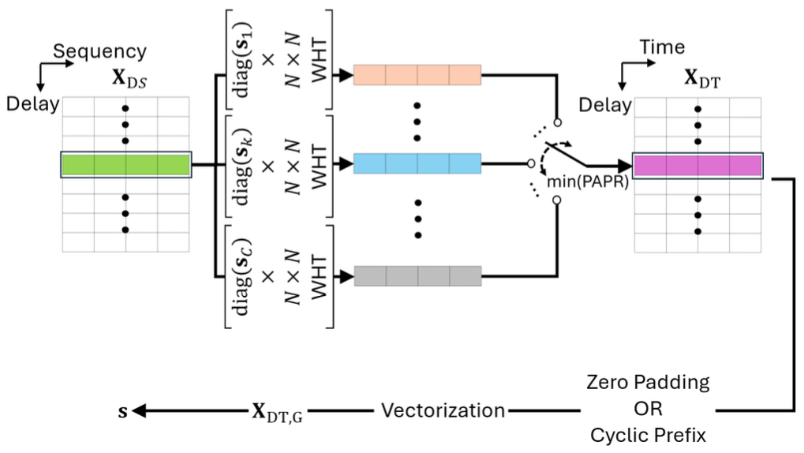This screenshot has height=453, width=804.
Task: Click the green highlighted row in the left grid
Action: [125, 164]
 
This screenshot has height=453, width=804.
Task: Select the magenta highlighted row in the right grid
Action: [697, 165]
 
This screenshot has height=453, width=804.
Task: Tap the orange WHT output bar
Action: [417, 75]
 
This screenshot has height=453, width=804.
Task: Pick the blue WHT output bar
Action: [417, 164]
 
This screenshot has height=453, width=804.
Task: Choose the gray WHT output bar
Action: [417, 276]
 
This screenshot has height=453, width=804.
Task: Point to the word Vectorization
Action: [443, 410]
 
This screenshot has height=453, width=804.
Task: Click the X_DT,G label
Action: [276, 411]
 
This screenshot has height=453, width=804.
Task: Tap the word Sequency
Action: [99, 51]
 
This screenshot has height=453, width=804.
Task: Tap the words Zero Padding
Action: [648, 383]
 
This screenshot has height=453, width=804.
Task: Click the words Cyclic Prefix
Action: [648, 435]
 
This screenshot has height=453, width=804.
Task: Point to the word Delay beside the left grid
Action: [32, 104]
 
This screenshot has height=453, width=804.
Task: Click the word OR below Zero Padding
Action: [648, 410]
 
